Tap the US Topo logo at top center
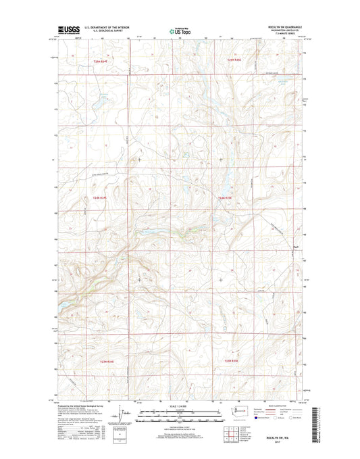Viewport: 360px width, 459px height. (180, 29)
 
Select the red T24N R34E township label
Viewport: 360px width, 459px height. (99, 197)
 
